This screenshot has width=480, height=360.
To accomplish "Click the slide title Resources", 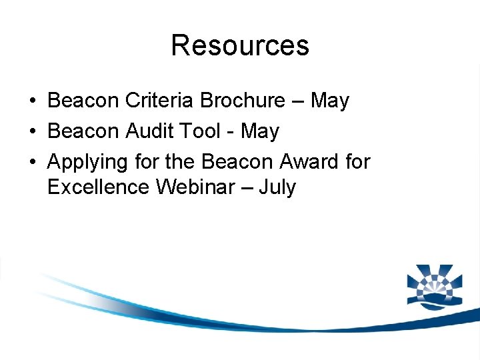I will pos(240,45).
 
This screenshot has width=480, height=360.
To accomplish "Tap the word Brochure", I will pos(243,101).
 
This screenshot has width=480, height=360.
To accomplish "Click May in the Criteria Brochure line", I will pos(329,101).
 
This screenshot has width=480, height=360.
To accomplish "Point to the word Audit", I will pos(149,131).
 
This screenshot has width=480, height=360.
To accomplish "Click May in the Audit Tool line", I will pos(259,131).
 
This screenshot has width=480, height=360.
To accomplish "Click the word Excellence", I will pos(99,187).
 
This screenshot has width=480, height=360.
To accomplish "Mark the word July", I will pos(277,187).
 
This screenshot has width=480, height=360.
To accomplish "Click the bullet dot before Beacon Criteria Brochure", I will pos(33,101).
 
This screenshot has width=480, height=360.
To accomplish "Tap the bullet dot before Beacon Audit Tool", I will pos(33,132).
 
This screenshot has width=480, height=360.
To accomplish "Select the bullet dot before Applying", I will pos(33,162).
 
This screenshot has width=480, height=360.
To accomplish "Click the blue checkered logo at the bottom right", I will pos(434,285).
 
